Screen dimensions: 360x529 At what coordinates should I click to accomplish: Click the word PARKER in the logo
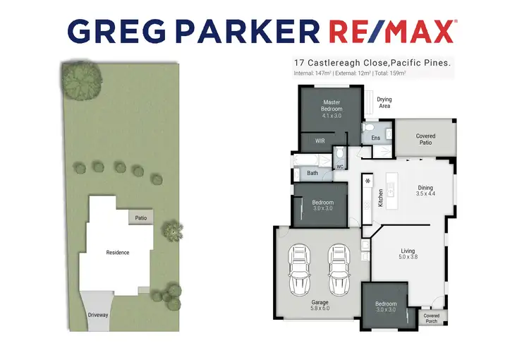258,31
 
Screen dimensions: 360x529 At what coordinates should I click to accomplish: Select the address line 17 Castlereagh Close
372,63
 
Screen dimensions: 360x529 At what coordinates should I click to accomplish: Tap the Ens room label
376,138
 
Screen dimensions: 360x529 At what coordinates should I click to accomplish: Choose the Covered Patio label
425,139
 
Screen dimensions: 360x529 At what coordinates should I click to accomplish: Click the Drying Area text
384,102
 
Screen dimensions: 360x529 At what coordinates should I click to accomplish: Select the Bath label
312,172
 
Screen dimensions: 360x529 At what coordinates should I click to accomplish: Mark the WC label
339,167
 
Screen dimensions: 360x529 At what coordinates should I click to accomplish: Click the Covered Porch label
431,318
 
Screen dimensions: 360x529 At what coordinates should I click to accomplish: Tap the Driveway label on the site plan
98,315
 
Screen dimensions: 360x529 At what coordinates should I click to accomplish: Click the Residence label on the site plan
118,253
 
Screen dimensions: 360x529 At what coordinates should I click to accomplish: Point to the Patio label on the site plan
140,218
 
